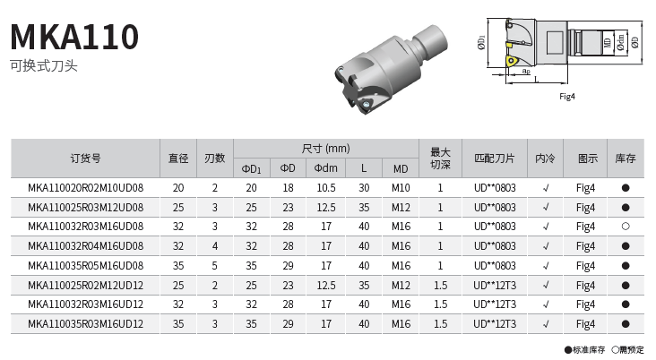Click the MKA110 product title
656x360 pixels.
point(74,37)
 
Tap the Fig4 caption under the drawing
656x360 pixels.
point(567,97)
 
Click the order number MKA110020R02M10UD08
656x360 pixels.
point(86,188)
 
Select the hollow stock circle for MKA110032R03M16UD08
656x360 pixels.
point(626,227)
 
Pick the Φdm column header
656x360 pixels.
point(326,168)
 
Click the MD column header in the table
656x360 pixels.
point(401,169)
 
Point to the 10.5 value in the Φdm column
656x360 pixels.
point(326,188)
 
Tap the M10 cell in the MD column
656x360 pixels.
point(401,188)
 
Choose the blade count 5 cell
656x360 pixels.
point(214,266)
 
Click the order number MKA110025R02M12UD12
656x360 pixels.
point(86,286)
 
